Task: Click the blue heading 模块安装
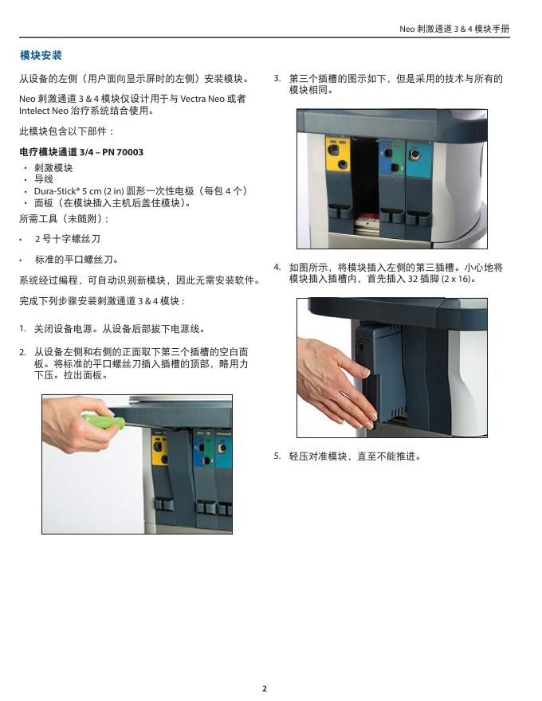coord(41,56)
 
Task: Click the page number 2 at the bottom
coord(265,688)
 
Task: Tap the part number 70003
coord(130,152)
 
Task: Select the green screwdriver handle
coord(102,421)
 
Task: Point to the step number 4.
coord(277,268)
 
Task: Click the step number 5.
coord(277,456)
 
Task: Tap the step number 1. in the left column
coord(23,328)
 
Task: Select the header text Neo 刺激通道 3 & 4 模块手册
coord(454,29)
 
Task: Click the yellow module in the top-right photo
coord(338,155)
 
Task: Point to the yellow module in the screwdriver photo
coord(159,448)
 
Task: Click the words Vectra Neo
coord(202,99)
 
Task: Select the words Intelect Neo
coord(44,111)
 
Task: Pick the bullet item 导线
coord(44,179)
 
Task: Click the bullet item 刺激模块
coord(53,167)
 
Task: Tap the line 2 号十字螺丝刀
coord(68,239)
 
